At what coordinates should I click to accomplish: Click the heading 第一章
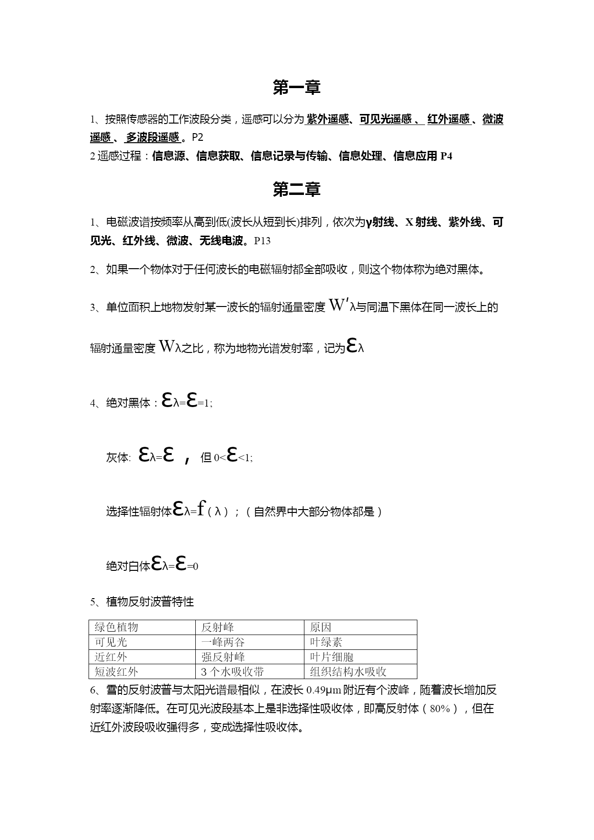(296, 88)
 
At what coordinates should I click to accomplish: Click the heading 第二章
(296, 190)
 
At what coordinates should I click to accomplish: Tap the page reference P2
(197, 138)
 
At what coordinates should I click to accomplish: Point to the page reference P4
(446, 156)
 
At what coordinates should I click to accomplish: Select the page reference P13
(262, 241)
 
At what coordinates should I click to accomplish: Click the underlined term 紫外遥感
(328, 120)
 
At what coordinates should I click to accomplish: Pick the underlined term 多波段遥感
(152, 138)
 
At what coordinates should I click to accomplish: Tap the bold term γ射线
(380, 223)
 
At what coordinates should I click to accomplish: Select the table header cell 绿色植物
(117, 627)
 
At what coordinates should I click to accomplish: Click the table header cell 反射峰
(218, 627)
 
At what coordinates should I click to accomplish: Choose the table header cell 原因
(321, 627)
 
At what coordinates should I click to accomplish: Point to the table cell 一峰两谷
(223, 642)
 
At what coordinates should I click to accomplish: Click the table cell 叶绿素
(326, 642)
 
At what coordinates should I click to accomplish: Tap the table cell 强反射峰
(223, 657)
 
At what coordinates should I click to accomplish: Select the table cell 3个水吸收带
(233, 672)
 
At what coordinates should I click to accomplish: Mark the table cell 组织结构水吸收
(348, 672)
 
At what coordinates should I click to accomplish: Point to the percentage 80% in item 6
(440, 709)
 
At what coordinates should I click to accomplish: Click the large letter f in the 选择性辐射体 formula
(202, 508)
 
